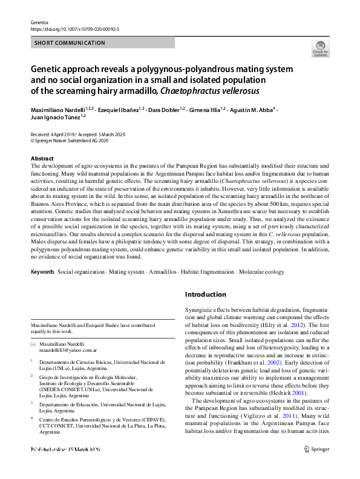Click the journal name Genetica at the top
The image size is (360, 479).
tap(39, 21)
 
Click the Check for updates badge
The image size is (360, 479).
tap(320, 48)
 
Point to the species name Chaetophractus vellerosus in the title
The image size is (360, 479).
tap(209, 91)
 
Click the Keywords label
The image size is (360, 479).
tap(43, 272)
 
